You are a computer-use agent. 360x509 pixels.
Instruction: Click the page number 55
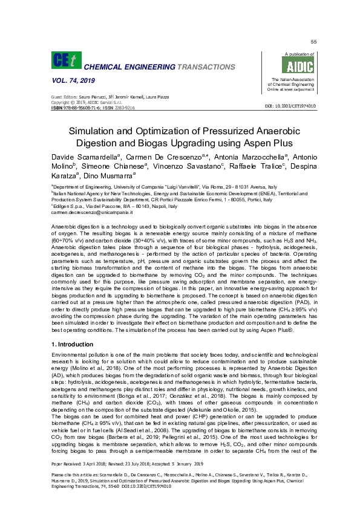click(313, 41)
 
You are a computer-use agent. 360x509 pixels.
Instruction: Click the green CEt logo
click(64, 60)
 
